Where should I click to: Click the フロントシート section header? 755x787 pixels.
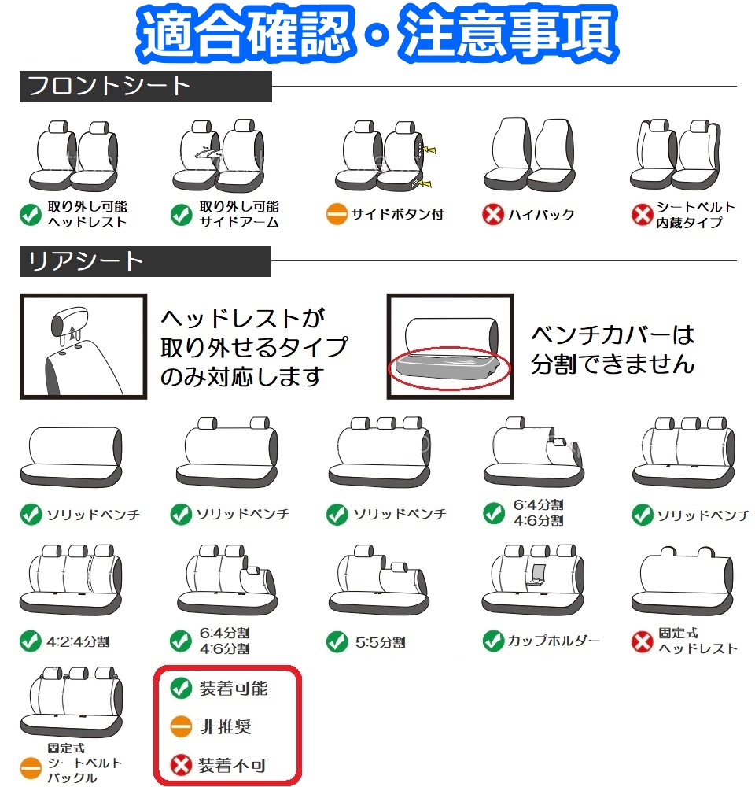[x=110, y=87]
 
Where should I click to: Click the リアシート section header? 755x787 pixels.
[x=87, y=261]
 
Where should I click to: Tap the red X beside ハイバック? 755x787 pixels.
[x=493, y=214]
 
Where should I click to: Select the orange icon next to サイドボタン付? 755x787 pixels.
[x=337, y=214]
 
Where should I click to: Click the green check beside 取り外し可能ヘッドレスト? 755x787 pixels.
[x=30, y=214]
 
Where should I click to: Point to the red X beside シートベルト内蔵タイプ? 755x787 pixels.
[x=643, y=214]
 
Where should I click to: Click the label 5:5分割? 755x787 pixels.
[x=379, y=642]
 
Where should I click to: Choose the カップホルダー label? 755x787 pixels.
[x=553, y=640]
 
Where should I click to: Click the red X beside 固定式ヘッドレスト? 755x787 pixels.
[x=643, y=641]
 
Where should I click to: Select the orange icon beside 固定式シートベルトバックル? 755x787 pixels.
[x=30, y=763]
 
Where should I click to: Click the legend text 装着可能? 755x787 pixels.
[x=233, y=689]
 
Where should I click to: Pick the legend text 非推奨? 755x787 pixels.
[x=225, y=726]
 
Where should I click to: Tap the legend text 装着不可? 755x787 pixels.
[x=232, y=763]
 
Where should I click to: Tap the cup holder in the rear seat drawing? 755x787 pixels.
[x=540, y=575]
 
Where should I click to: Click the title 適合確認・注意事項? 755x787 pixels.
[x=377, y=33]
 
